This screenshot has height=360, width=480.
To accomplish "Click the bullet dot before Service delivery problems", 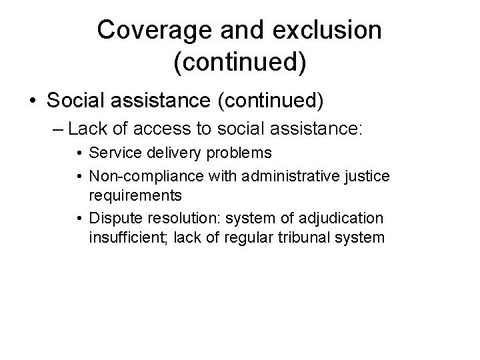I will pyautogui.click(x=79, y=153).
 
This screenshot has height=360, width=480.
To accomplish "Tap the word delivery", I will pyautogui.click(x=162, y=153).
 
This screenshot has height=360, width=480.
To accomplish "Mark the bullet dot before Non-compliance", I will pyautogui.click(x=79, y=175).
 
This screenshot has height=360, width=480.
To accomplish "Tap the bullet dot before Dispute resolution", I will pyautogui.click(x=79, y=218).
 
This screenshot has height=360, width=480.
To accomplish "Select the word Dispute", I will pyautogui.click(x=112, y=218).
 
